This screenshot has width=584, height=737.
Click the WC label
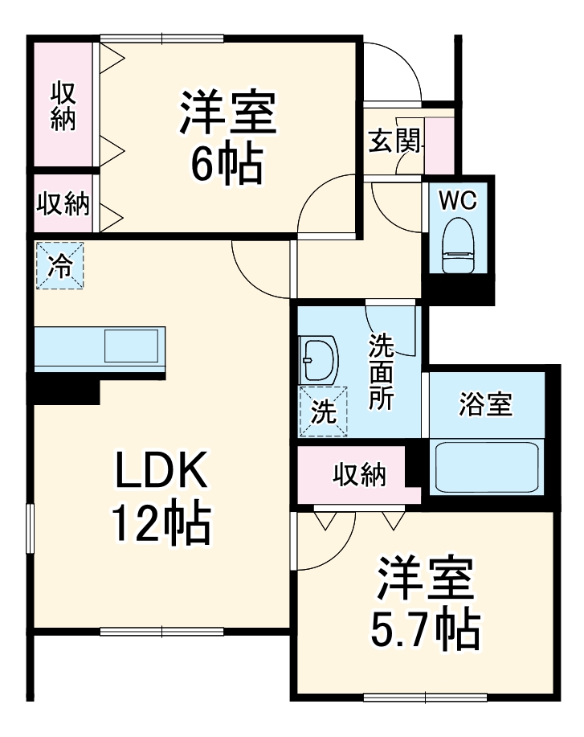[458, 200]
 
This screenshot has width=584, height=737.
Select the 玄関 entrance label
[393, 142]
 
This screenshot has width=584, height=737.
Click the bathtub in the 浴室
[487, 469]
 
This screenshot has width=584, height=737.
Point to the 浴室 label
[486, 404]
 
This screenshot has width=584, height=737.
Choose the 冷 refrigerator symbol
[59, 265]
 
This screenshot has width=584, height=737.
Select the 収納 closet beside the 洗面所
[358, 475]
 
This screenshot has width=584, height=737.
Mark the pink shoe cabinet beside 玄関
[439, 145]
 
